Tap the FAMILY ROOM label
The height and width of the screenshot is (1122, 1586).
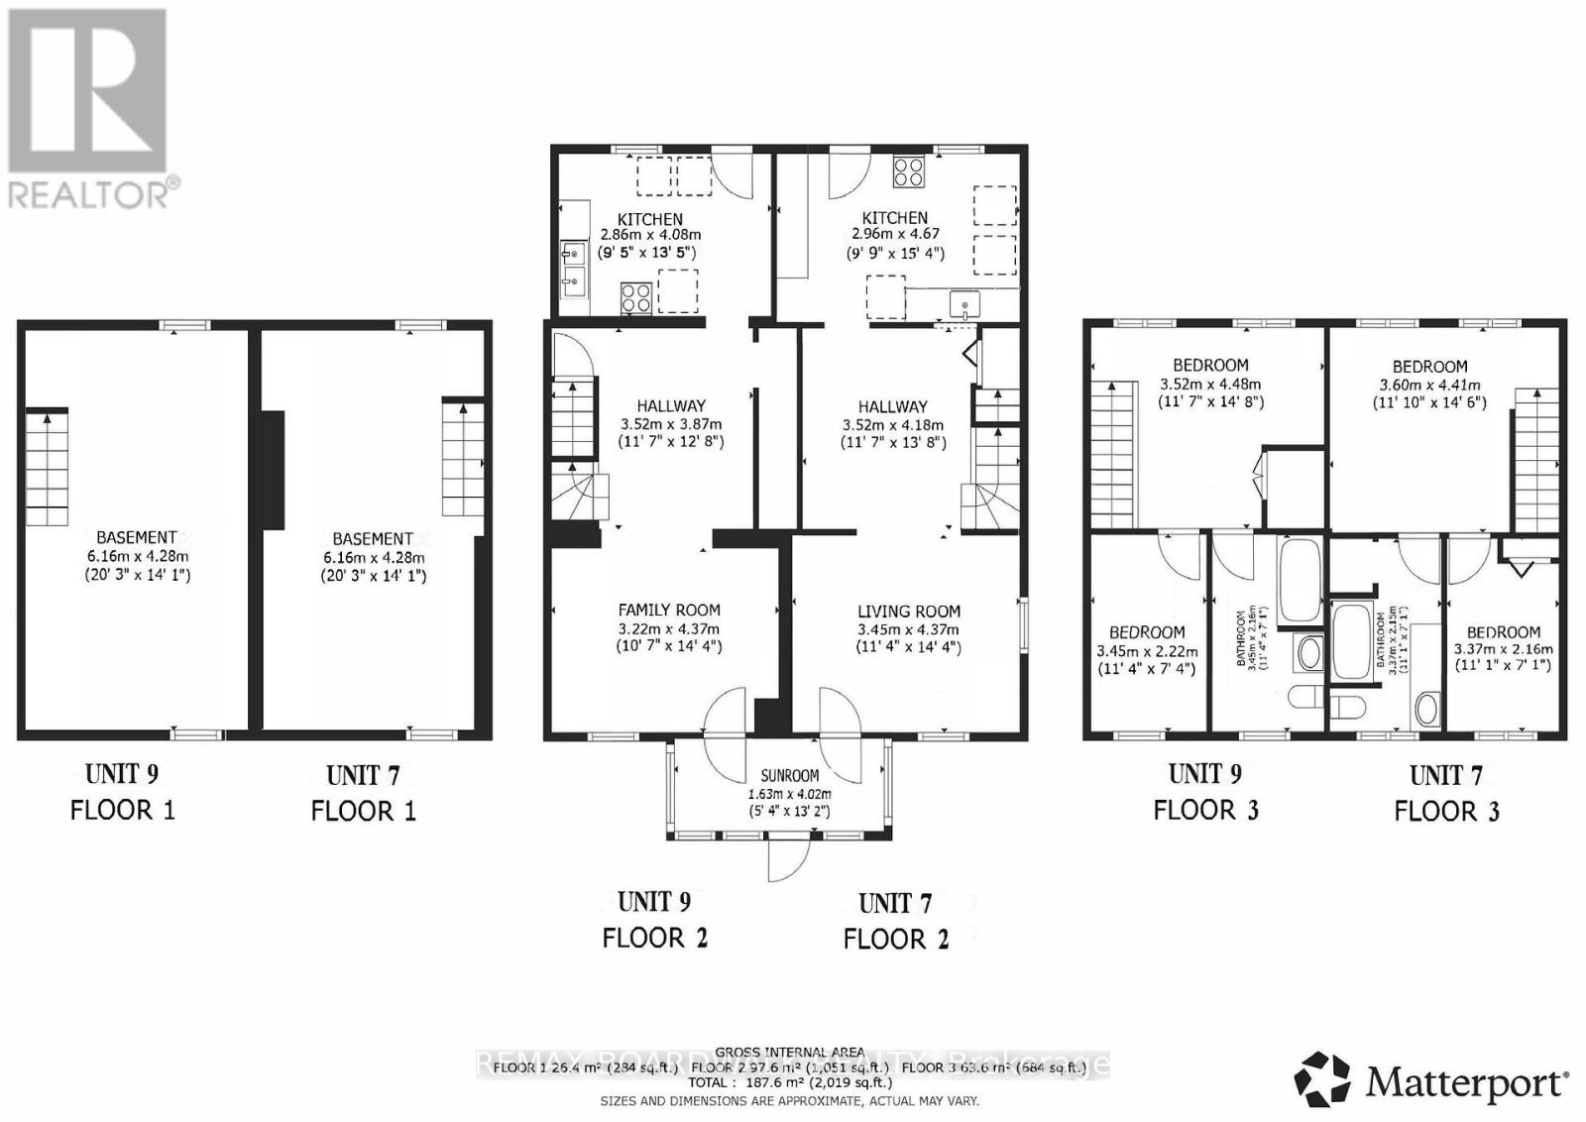(x=669, y=611)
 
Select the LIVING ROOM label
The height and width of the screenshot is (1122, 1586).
(x=909, y=612)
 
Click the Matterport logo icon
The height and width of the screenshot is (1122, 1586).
(x=1322, y=1079)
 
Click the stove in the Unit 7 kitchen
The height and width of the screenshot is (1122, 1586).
(x=909, y=172)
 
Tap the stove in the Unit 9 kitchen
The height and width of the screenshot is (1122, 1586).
(x=635, y=297)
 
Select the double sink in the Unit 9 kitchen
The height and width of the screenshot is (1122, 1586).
(x=572, y=269)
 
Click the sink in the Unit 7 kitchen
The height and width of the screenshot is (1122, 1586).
(x=963, y=302)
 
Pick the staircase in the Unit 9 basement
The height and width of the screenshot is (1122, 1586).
(x=47, y=467)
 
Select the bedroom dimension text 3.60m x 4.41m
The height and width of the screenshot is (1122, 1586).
(x=1429, y=385)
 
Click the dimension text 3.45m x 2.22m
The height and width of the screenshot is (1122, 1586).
(x=1147, y=651)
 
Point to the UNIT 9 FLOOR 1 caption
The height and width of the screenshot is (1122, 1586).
(x=122, y=791)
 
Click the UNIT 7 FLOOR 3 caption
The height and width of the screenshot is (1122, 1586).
(x=1446, y=792)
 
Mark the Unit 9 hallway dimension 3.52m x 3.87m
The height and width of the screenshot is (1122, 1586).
(x=671, y=423)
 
